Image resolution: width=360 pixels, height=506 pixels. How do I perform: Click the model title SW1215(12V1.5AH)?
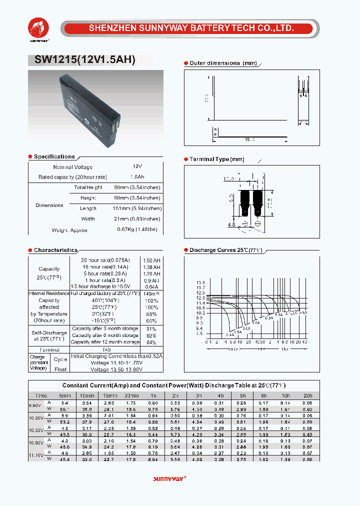pos(85,60)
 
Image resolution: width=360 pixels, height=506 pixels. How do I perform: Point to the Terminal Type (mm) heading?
pos(216,159)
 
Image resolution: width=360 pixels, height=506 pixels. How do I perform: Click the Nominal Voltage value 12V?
pos(137,166)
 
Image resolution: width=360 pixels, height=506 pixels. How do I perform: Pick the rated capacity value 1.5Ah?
pos(137,177)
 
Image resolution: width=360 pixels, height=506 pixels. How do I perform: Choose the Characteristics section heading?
pos(55,250)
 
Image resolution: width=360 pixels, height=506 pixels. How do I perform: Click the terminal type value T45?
pos(106,349)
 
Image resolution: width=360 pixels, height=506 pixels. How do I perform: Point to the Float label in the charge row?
pos(60,369)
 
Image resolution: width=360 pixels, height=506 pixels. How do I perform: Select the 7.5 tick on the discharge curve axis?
pos(200,333)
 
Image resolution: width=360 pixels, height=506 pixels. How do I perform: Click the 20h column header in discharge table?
pos(308,395)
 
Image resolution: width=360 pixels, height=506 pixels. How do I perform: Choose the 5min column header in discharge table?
pos(64,395)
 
